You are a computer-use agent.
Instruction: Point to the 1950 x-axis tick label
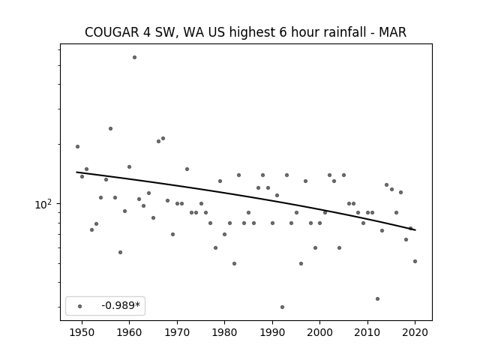[82, 332]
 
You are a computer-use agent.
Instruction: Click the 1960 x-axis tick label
[130, 332]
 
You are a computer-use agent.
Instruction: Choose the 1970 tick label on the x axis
[177, 332]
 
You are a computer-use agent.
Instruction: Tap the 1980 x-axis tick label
[225, 332]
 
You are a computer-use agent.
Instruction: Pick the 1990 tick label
[272, 332]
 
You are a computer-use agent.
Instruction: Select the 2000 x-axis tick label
[320, 332]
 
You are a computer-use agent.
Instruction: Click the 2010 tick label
[367, 332]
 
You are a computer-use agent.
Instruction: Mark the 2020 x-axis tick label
[415, 332]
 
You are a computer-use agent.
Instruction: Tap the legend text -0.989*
[121, 305]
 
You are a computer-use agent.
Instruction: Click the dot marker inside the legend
[80, 306]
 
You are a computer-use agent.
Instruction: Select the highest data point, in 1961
[134, 57]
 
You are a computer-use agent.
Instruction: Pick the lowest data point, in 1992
[282, 307]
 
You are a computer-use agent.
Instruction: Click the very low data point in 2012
[377, 298]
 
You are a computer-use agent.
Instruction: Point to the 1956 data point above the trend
[110, 128]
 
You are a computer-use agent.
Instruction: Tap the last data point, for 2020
[415, 261]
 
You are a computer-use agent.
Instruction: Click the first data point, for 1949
[77, 147]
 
